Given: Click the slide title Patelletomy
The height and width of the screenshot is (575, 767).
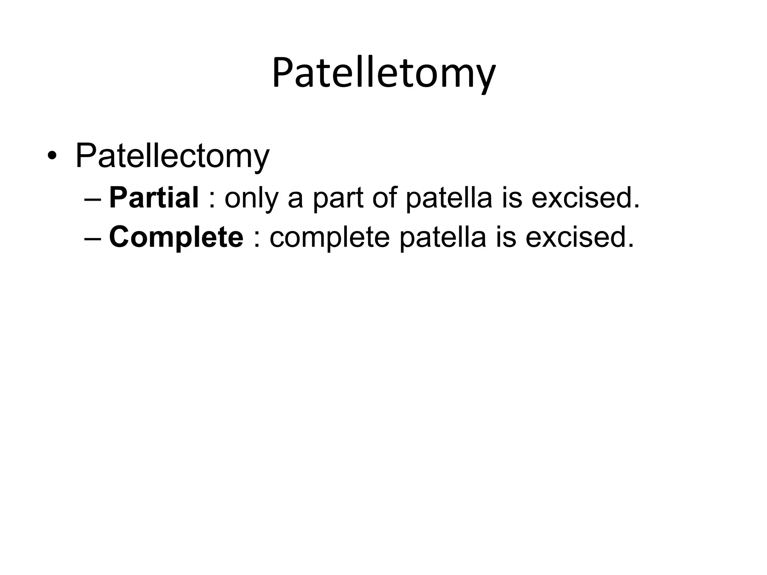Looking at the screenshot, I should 383,73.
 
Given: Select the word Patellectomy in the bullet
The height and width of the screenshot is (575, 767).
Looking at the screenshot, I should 172,156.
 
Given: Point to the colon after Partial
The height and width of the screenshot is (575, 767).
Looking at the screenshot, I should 212,200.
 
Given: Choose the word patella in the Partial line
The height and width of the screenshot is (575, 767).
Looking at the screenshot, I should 449,198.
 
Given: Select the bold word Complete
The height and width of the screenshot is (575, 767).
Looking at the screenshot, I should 176,237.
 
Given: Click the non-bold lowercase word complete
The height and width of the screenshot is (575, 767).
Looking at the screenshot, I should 330,238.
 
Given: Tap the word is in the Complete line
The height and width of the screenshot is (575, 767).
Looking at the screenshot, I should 506,237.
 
